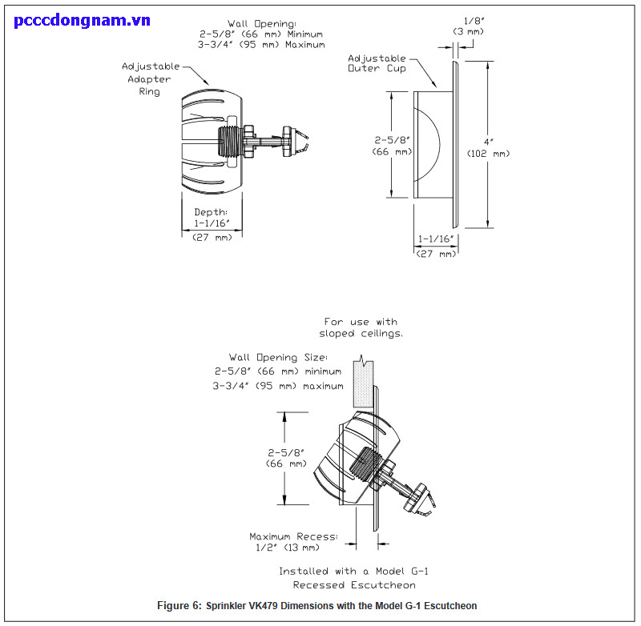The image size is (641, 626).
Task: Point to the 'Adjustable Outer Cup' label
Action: pos(377,63)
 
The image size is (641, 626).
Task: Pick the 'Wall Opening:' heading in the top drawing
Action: pos(263,24)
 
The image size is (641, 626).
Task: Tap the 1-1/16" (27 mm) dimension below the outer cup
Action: pos(436,246)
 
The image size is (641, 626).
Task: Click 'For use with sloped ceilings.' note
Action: pos(361,327)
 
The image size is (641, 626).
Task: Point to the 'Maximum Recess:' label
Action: pos(293,536)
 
